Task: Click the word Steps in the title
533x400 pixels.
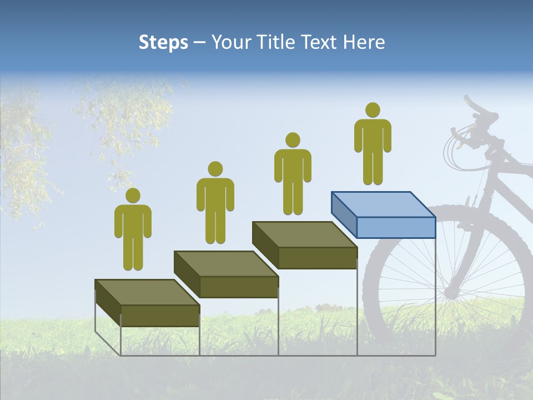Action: click(163, 42)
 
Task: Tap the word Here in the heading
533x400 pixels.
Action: click(364, 42)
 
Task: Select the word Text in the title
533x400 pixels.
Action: click(321, 42)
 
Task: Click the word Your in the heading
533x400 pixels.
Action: click(233, 42)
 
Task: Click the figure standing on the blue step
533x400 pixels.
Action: click(373, 147)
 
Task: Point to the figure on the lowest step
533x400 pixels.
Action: click(133, 233)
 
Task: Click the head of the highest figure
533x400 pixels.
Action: click(373, 110)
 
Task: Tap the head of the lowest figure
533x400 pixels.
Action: click(133, 196)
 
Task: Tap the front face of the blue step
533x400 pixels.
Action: click(395, 227)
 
